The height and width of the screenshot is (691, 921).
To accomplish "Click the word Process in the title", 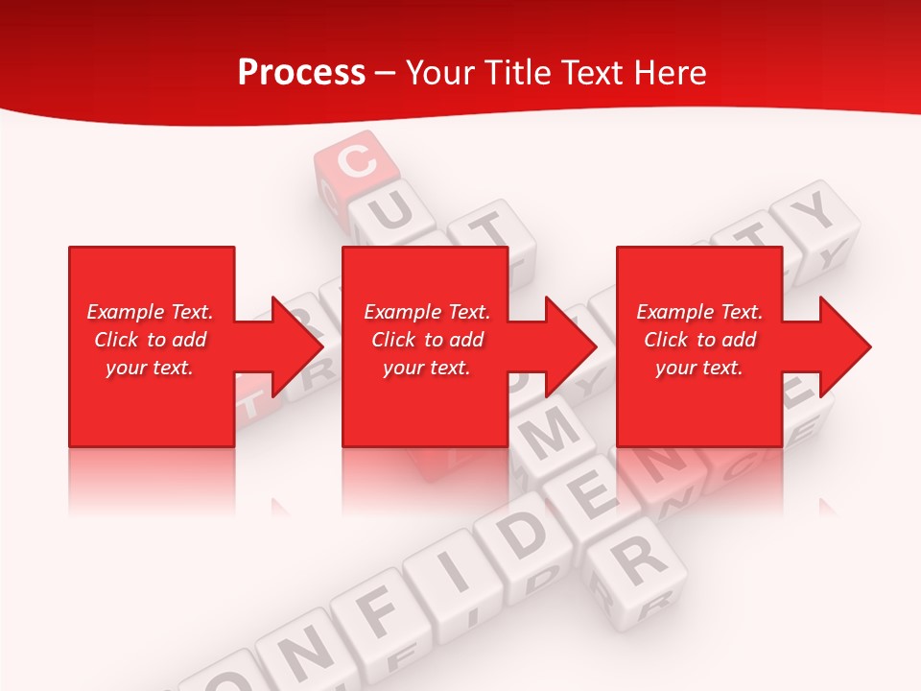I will coord(301,73).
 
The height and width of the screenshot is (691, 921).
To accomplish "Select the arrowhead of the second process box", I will coord(569,346).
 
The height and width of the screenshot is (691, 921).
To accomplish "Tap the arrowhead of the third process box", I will coord(843,346).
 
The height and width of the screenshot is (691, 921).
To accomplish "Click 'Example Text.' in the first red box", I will coord(150,312).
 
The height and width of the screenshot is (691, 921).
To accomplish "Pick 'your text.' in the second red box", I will coord(426,368).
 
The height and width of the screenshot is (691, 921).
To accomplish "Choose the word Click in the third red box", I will coord(666,340).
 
